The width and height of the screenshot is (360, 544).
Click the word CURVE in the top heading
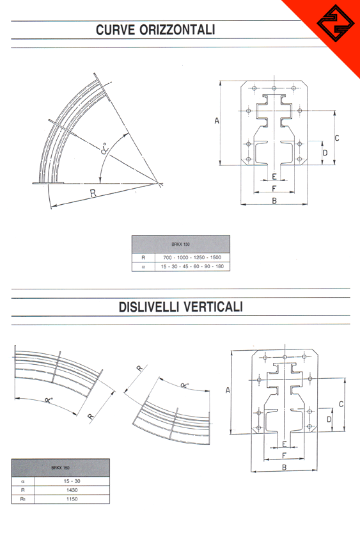coord(115,30)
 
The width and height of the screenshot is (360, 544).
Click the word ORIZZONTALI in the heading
coord(177,30)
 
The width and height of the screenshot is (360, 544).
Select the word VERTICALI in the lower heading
coord(213,307)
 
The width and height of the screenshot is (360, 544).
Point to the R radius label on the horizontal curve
coord(93,193)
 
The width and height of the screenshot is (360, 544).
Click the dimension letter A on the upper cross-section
coord(217,121)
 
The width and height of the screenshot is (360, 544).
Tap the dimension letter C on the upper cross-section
coord(337,138)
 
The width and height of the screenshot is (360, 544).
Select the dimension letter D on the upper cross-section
coord(325,153)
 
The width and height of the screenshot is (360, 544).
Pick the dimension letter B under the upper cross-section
coord(274,200)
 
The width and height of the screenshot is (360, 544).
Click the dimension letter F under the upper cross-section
coord(274,188)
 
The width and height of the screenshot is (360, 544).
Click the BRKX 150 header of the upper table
coord(180,244)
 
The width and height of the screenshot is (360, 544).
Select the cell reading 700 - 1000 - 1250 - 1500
coord(192,257)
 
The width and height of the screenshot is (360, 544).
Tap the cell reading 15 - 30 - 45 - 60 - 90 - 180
coord(192,266)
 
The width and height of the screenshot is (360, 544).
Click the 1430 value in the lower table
coord(72,490)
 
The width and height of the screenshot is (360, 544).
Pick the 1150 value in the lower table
coord(72,499)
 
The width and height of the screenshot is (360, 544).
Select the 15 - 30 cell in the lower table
coord(72,481)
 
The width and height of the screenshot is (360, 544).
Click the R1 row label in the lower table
coord(23,499)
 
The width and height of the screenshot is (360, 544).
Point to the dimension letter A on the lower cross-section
coord(228,390)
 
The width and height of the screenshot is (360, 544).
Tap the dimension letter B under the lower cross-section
coord(284,467)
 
